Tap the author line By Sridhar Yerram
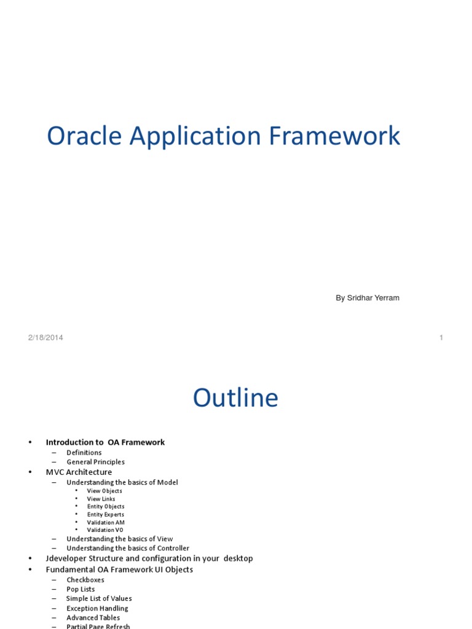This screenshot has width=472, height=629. click(x=367, y=298)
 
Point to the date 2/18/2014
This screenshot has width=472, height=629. click(x=45, y=337)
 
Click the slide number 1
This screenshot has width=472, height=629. click(x=441, y=337)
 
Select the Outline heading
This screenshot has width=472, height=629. click(x=235, y=398)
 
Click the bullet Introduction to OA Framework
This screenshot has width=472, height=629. click(x=105, y=442)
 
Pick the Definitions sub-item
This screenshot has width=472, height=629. click(x=84, y=453)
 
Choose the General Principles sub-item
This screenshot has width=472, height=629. click(x=95, y=462)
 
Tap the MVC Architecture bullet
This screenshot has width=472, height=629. click(x=79, y=472)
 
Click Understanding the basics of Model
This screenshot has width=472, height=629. click(x=122, y=483)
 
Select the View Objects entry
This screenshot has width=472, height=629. click(x=104, y=491)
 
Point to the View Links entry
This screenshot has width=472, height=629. click(x=101, y=499)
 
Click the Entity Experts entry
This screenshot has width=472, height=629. click(x=106, y=515)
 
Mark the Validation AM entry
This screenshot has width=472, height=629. click(x=106, y=523)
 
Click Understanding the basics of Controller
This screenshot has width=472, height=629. click(x=128, y=549)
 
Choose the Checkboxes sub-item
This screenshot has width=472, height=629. click(x=85, y=580)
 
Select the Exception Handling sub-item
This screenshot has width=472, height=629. click(x=97, y=608)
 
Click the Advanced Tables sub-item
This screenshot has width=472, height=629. click(x=93, y=618)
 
